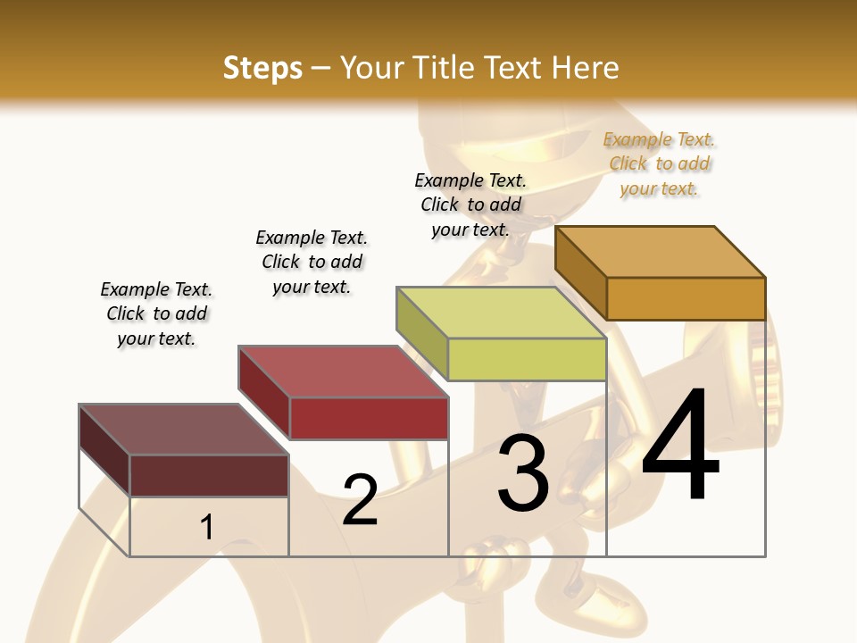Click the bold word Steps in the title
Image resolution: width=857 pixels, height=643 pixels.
coord(262,68)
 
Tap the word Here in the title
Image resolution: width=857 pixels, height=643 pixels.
coord(585,68)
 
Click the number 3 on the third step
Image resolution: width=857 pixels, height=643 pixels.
coord(523,473)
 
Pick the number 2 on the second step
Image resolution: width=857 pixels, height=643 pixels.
coord(360,499)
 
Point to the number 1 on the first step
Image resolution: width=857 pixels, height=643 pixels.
coord(206,527)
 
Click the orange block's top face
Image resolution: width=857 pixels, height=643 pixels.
coord(661,251)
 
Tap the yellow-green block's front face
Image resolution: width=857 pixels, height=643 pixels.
coord(527,360)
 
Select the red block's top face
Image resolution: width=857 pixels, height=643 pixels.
coord(344,371)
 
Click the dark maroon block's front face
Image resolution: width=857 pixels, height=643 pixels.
coord(209,475)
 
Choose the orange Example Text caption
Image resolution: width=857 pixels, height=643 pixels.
coord(659,163)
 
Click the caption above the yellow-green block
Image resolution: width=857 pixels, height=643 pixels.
coord(470,205)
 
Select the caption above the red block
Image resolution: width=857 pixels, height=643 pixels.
coord(312,262)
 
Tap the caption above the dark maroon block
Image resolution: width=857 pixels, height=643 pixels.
coord(156,313)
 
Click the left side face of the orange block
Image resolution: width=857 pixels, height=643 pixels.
coord(580,272)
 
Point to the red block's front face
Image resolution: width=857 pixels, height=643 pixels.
coord(369,418)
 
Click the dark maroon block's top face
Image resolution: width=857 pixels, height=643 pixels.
coord(184,429)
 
